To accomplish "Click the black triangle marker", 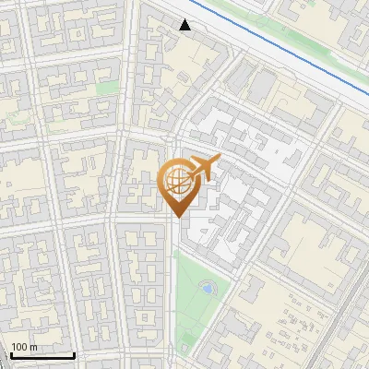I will (x=185, y=25).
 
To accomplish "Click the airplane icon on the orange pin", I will (x=202, y=168).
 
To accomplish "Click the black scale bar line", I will (x=42, y=355).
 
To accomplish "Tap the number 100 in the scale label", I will (x=18, y=348).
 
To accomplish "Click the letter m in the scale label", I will (x=32, y=348).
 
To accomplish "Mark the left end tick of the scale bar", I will (x=9, y=354).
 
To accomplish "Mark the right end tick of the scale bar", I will (x=74, y=354).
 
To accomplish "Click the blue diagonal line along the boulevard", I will (x=277, y=41).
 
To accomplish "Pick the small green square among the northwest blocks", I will (x=109, y=88).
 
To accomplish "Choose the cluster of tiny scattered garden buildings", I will (x=295, y=323).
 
